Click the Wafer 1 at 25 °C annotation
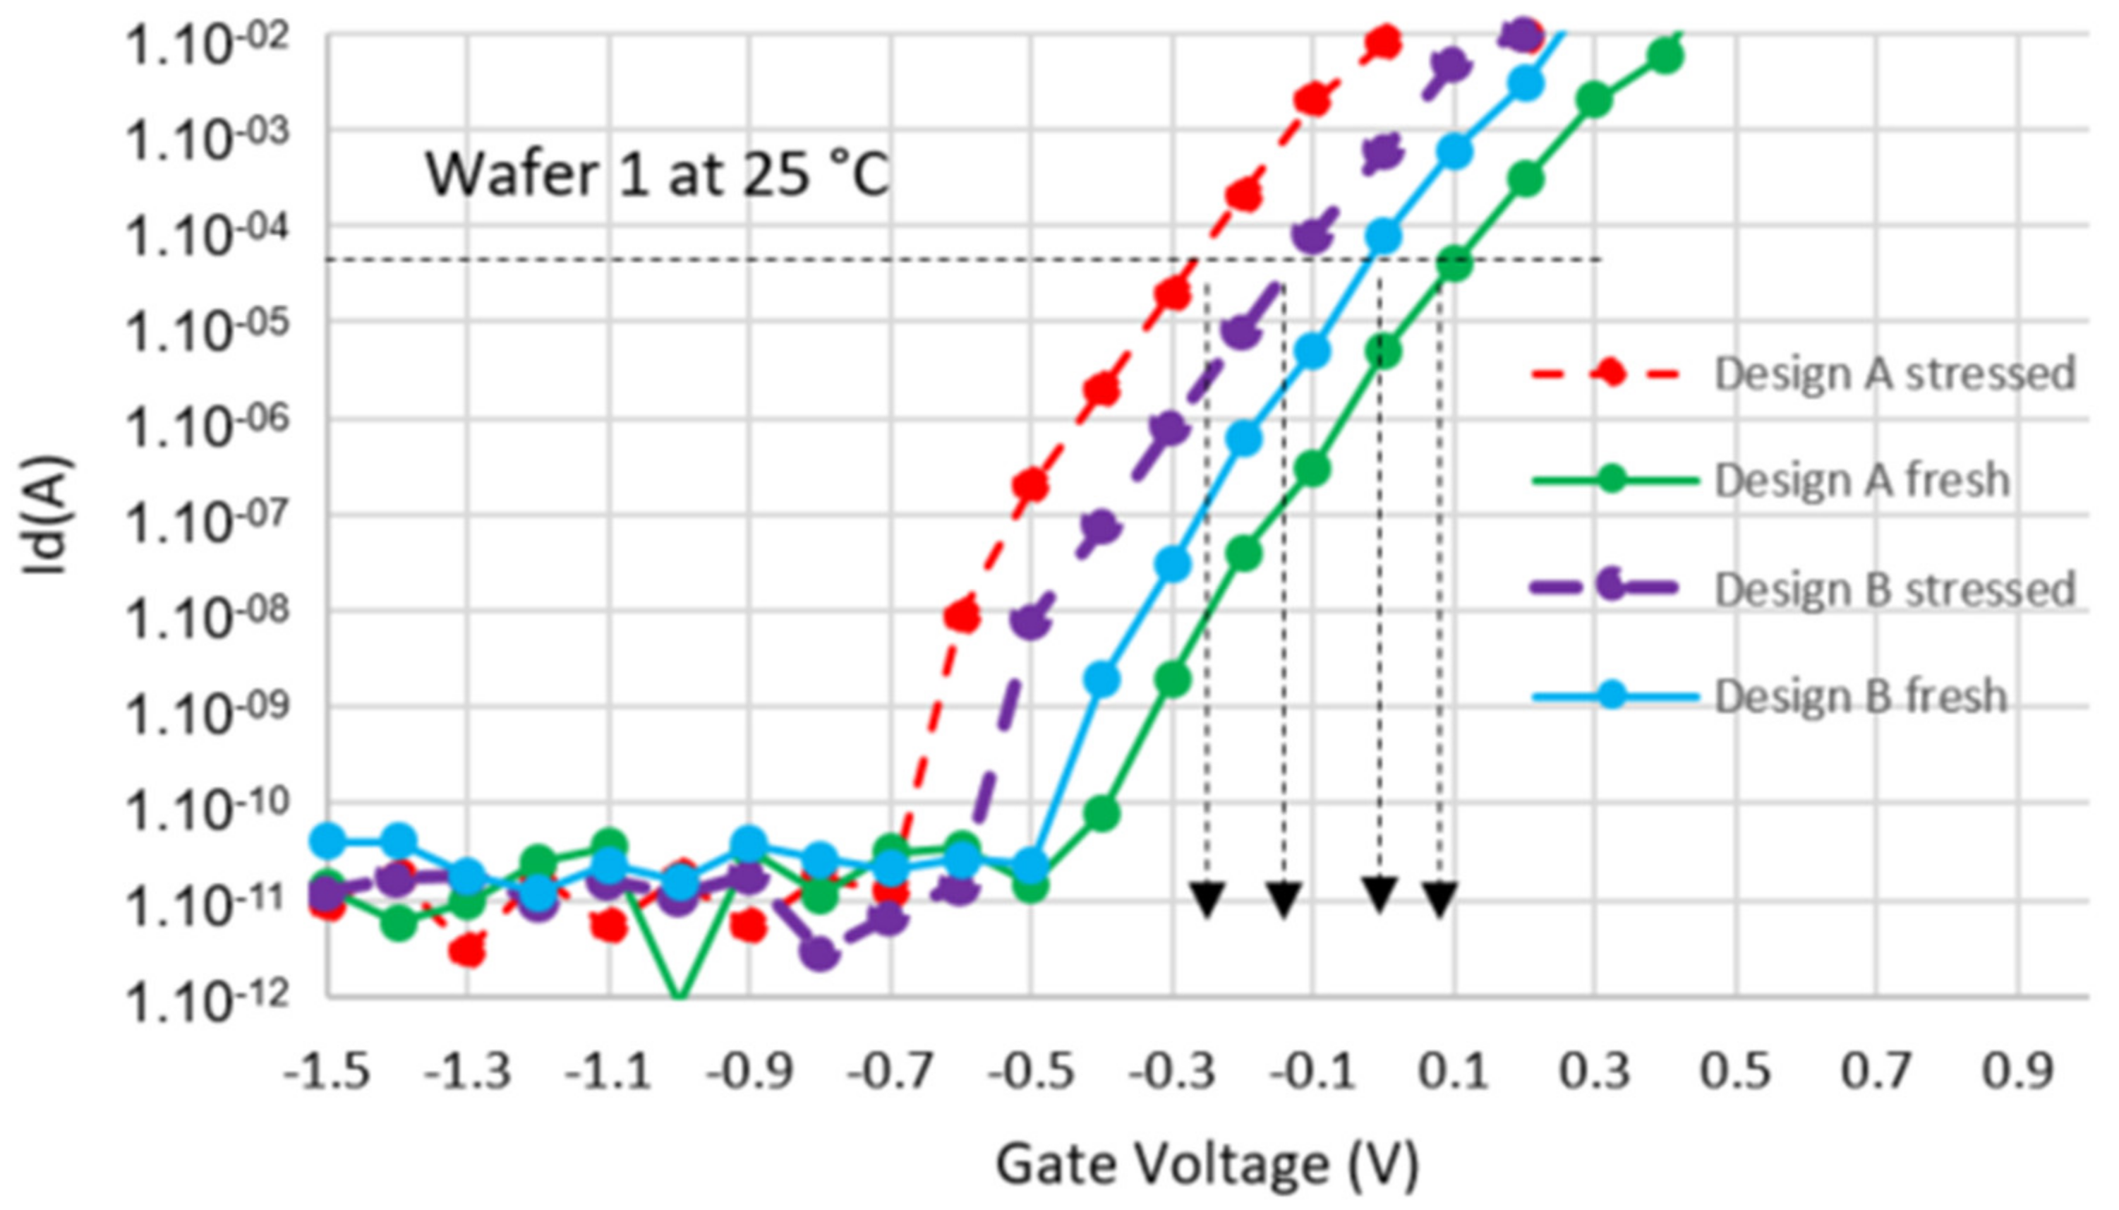click(657, 174)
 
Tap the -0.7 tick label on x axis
click(890, 1072)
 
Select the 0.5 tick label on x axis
click(1735, 1072)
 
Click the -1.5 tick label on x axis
click(327, 1072)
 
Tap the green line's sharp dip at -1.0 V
click(680, 993)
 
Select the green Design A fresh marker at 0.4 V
click(1665, 56)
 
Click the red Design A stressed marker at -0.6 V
click(961, 615)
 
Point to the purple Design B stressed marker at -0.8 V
click(820, 954)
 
